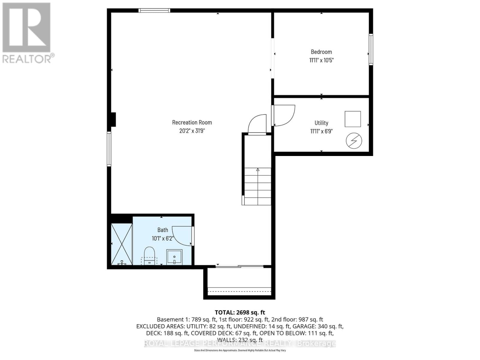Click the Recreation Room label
click(192, 122)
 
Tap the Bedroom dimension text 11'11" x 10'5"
click(321, 60)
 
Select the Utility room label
click(321, 123)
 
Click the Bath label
click(163, 230)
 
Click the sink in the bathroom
click(174, 257)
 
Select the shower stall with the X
click(121, 244)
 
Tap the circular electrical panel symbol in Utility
click(354, 141)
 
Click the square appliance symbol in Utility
click(352, 119)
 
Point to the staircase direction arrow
click(258, 170)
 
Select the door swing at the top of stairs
click(257, 124)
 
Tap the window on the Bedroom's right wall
click(371, 49)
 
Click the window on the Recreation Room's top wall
click(154, 10)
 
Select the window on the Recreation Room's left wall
click(109, 149)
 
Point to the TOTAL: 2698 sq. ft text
click(240, 313)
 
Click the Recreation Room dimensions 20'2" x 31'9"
click(192, 131)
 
